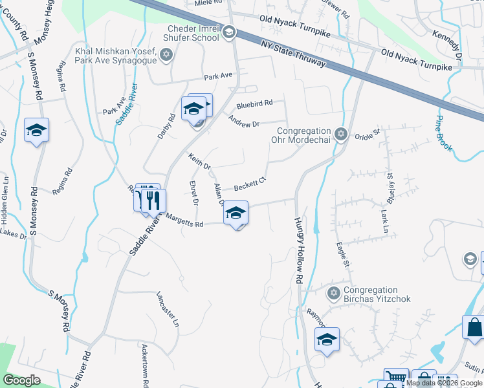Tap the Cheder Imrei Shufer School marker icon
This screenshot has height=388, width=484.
(x=228, y=33)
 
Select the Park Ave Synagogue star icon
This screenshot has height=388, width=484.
(x=166, y=54)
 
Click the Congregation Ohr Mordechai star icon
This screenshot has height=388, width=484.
(x=342, y=135)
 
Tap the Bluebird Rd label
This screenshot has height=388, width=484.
(x=254, y=103)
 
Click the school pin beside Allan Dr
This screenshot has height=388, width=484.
(x=236, y=213)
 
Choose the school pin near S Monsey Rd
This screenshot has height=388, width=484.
(x=37, y=131)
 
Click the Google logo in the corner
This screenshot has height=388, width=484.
(x=21, y=380)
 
